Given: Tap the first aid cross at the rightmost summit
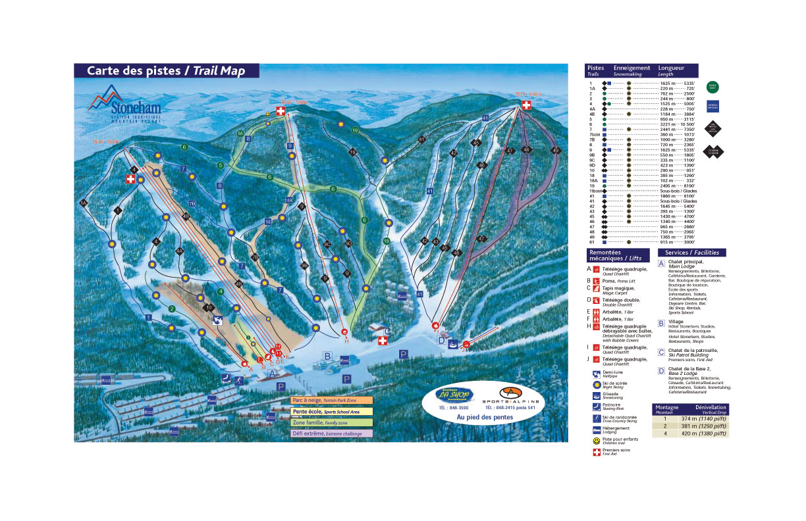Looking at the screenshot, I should pyautogui.click(x=526, y=106).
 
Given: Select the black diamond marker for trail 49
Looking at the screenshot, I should pyautogui.click(x=556, y=151).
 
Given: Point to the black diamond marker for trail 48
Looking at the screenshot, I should pyautogui.click(x=526, y=150).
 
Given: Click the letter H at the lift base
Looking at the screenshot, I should pyautogui.click(x=346, y=340).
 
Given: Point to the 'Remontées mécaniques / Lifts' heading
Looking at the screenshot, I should pyautogui.click(x=619, y=255).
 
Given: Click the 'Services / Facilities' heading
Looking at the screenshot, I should pyautogui.click(x=691, y=253).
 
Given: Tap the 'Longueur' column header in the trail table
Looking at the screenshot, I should pyautogui.click(x=672, y=68).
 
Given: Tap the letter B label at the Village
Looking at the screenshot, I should pyautogui.click(x=327, y=356).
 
